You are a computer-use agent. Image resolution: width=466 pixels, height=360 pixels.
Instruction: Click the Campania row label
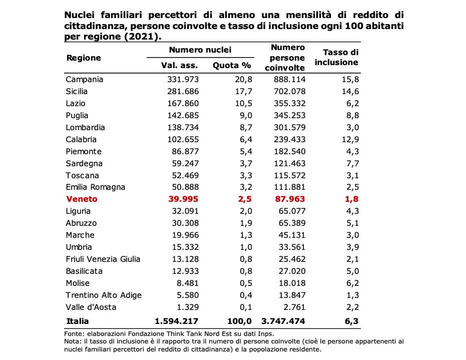tap(85, 80)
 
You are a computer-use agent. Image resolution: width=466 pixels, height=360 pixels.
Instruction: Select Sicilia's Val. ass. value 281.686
tap(183, 92)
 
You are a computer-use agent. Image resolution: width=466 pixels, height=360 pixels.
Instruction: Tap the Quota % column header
tap(232, 66)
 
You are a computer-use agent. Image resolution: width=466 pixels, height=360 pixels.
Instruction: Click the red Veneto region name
tap(82, 199)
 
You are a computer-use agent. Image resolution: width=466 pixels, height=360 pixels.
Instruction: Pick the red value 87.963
tap(290, 199)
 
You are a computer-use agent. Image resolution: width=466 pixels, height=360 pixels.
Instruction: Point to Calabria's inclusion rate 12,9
tap(350, 139)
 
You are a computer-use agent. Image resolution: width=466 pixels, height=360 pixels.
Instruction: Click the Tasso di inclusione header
tap(336, 58)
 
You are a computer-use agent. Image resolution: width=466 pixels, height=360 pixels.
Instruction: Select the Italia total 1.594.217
tap(176, 321)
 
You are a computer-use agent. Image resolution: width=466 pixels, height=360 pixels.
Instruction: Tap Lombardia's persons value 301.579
tap(289, 128)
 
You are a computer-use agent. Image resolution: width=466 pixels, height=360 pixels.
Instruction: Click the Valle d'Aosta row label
tap(91, 307)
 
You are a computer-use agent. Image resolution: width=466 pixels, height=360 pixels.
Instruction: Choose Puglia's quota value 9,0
tap(246, 115)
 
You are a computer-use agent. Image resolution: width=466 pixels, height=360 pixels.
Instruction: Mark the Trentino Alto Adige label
tap(104, 295)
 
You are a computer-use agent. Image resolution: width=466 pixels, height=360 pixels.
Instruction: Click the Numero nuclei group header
tap(200, 50)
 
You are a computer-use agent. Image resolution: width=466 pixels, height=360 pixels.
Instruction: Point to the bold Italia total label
tap(78, 321)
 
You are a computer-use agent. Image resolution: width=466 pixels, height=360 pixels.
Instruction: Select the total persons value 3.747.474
tap(283, 321)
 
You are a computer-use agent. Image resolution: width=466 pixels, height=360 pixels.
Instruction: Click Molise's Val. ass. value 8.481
tap(188, 283)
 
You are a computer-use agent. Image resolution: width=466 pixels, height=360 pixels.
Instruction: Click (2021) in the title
tap(141, 36)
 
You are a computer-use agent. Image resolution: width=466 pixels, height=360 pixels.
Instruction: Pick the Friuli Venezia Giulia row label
tap(103, 259)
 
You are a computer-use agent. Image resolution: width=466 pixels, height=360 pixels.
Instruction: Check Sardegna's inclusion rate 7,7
tap(352, 164)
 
